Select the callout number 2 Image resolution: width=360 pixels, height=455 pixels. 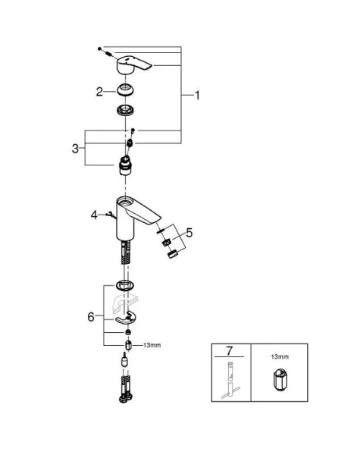(99, 92)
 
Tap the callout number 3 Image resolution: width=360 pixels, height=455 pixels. (76, 149)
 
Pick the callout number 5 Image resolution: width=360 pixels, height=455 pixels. (189, 233)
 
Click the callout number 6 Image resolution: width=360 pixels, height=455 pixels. (91, 317)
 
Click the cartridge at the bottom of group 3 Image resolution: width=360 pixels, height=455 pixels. (125, 164)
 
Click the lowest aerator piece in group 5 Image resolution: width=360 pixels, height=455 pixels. (171, 253)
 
